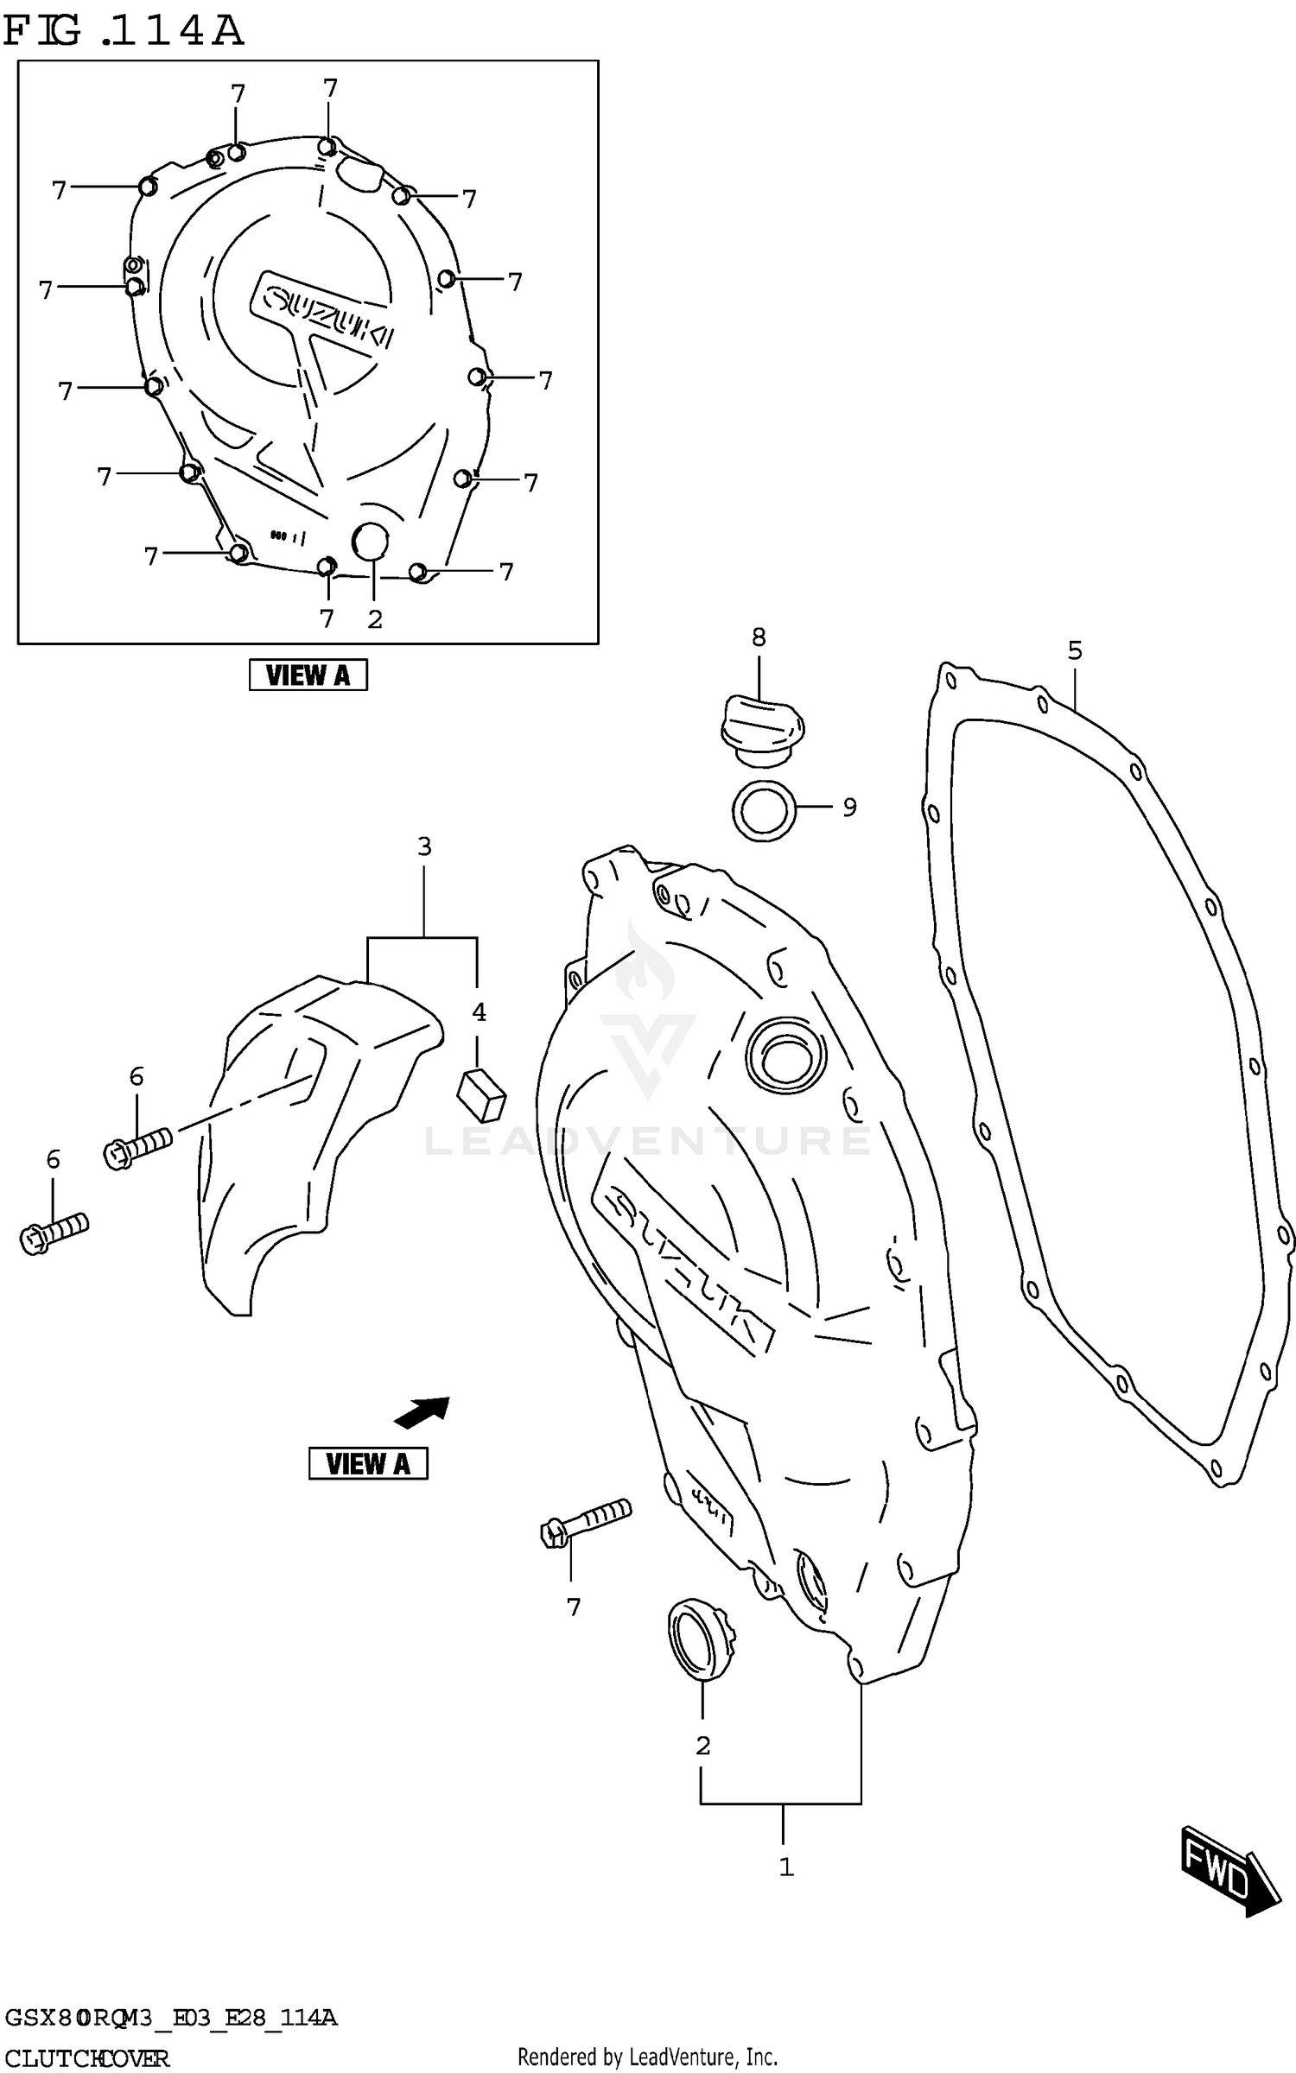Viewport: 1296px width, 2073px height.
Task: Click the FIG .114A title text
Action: coord(124,31)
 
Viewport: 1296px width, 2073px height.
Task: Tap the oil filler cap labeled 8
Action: coord(761,730)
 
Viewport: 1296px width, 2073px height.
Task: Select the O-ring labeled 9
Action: coord(763,810)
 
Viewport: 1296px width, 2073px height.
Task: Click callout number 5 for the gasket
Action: coord(1074,650)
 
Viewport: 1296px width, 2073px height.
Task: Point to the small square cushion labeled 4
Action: coord(481,1094)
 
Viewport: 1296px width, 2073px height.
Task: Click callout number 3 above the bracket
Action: coord(424,846)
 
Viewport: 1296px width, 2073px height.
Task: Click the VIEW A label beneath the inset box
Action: coord(308,675)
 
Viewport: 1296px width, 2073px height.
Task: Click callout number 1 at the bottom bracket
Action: coord(785,1867)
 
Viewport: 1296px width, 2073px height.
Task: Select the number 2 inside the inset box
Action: coord(374,619)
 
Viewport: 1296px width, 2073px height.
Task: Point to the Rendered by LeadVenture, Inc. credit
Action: coord(647,2057)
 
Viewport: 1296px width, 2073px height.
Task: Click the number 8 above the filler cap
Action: coord(759,637)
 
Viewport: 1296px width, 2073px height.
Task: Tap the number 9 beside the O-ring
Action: coord(849,807)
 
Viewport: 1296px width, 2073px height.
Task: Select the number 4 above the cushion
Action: coord(479,1011)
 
